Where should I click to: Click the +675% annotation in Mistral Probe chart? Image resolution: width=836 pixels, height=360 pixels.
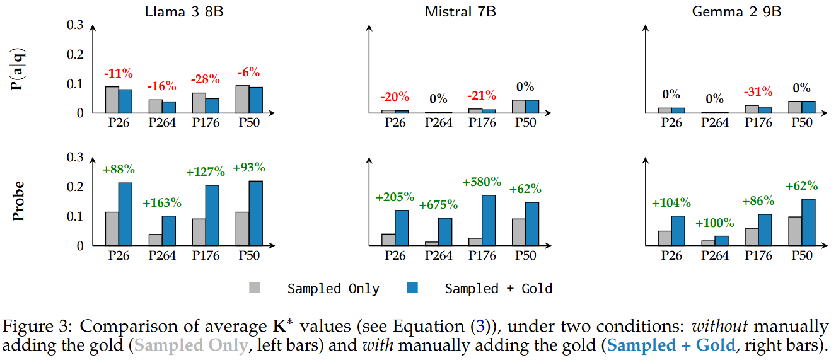439,206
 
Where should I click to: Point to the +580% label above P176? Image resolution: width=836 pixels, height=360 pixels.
482,182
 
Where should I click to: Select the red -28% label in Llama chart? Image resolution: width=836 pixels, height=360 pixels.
206,79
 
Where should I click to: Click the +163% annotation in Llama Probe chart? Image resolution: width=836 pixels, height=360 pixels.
162,203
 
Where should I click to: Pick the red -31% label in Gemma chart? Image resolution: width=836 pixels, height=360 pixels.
758,91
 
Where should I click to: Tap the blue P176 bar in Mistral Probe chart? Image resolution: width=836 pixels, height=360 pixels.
489,220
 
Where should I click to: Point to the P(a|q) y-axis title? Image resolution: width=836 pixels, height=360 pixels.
20,69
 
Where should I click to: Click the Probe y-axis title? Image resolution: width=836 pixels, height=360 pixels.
20,202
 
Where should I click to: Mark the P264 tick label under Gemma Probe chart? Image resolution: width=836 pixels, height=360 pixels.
714,255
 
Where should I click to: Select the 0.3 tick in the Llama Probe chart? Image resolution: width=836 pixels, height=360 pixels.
75,158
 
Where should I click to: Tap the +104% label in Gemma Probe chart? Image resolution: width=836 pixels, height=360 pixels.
671,203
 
